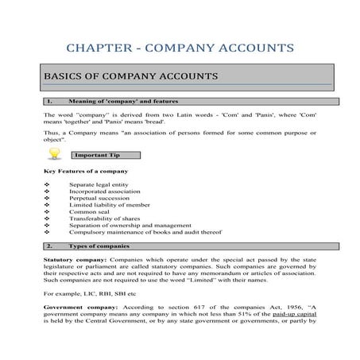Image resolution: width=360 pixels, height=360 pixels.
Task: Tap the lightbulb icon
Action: (55, 153)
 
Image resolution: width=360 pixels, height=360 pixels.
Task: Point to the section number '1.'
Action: (50, 102)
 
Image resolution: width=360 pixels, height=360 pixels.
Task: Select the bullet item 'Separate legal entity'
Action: (99, 184)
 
